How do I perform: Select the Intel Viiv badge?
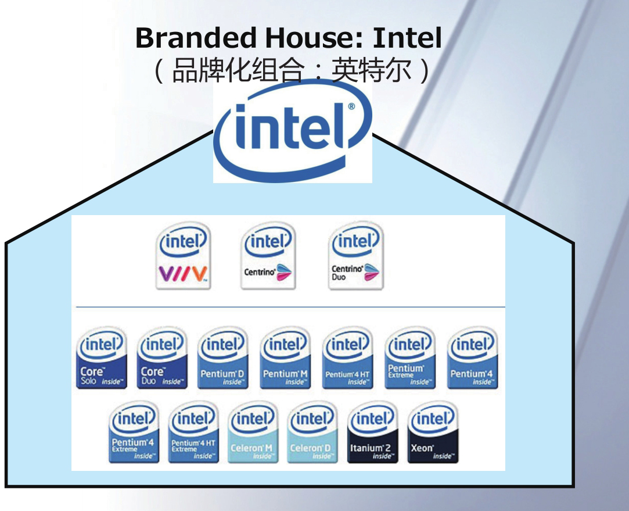(183, 258)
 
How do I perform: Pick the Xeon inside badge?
(432, 434)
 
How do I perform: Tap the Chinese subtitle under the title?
(292, 71)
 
